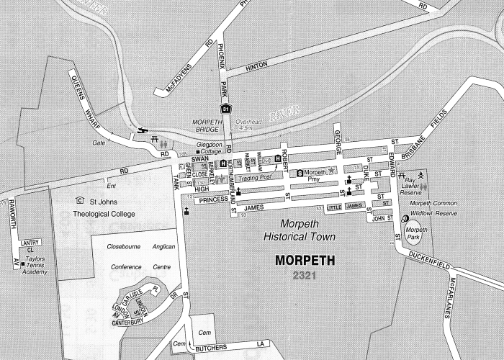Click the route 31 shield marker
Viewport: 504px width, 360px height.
[x=226, y=109]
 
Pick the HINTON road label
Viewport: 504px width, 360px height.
[x=256, y=66]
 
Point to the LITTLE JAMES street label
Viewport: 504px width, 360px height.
[x=345, y=207]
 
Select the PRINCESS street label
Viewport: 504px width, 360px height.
[x=214, y=199]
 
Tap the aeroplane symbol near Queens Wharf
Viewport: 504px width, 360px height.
[x=142, y=131]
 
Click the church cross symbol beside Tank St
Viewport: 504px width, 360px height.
[x=187, y=211]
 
